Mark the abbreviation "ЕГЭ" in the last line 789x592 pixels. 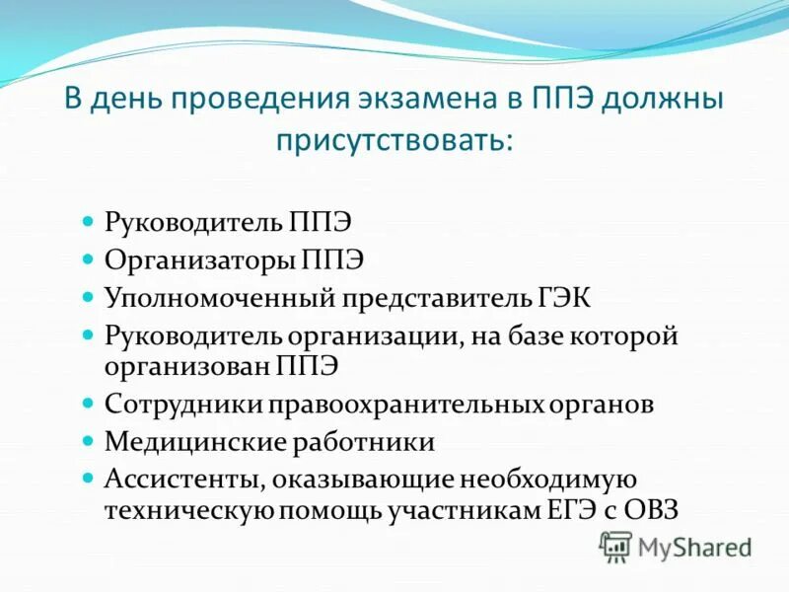[x=571, y=511]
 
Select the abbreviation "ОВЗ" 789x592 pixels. [x=653, y=511]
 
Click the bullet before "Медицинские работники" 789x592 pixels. [x=87, y=440]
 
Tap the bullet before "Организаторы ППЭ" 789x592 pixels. [x=87, y=260]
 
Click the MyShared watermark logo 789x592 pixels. [x=676, y=546]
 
